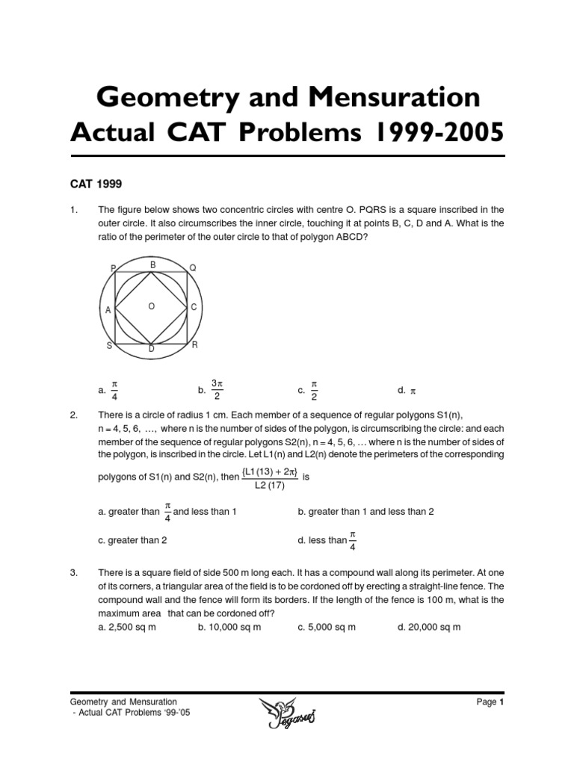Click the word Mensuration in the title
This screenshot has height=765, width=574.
[396, 98]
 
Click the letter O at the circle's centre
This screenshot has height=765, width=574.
[152, 306]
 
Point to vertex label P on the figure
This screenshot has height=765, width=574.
[113, 268]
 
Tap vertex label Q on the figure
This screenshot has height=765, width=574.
[193, 267]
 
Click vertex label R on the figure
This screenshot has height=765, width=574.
[194, 344]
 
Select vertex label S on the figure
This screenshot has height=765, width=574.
[110, 345]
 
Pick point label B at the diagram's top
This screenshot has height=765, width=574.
[152, 264]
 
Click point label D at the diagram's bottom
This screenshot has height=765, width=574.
[152, 350]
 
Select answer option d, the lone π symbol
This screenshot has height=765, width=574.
[412, 391]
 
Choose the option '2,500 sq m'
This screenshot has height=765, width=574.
[132, 627]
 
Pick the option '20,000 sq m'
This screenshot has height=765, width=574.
[434, 627]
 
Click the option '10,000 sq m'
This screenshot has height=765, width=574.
[234, 627]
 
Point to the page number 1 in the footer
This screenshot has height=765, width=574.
[503, 702]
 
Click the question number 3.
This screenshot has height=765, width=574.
[74, 573]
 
